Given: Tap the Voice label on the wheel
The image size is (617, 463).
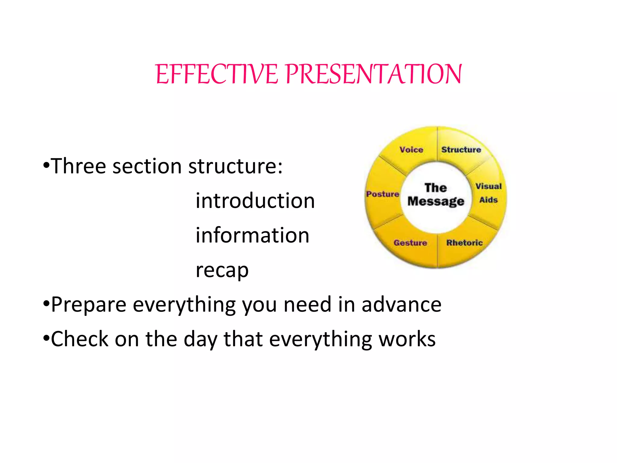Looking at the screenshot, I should point(411,150).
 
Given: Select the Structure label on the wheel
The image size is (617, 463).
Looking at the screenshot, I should point(461,150).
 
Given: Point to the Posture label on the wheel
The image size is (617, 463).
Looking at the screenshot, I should point(383,194).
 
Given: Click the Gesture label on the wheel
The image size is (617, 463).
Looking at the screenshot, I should point(410,243).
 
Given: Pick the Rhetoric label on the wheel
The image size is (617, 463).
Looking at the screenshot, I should point(464,243).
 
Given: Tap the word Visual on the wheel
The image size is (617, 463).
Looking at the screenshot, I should point(488,186).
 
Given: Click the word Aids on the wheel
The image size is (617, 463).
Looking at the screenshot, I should point(488,200).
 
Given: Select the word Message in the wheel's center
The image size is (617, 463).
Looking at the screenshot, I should point(436,201).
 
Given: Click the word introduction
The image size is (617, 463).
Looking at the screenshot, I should point(255,201).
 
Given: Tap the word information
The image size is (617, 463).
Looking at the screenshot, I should point(252,235).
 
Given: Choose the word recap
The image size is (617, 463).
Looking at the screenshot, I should point(222,270).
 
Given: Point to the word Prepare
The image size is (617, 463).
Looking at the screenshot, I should point(89,305).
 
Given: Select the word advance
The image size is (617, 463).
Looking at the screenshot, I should point(401,304).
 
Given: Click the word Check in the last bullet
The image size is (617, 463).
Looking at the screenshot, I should point(80,339).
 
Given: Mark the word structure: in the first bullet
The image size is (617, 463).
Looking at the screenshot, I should point(235,166).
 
